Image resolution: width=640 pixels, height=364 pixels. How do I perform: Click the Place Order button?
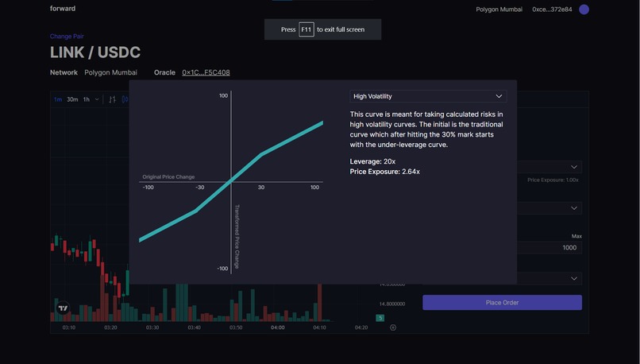pos(502,303)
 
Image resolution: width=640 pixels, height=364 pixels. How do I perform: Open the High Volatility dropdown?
pos(428,96)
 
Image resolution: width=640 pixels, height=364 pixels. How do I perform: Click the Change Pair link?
pos(67,37)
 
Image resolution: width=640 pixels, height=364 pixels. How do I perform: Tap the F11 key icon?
pos(307,29)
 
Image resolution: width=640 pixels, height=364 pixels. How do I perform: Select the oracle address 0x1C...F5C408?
pos(206,72)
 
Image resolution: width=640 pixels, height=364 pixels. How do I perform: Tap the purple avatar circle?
pos(584,10)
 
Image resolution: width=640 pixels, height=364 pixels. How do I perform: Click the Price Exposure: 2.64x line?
pos(384,172)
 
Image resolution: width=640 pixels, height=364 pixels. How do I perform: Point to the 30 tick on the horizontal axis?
pos(261,188)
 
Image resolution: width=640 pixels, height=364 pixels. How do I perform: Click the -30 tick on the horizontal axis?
pos(199,188)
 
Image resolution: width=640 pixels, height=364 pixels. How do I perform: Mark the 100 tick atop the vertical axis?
pos(223,96)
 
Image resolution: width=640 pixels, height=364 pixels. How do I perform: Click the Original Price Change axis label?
pos(168,176)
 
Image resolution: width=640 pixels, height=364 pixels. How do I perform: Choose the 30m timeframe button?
pos(72,99)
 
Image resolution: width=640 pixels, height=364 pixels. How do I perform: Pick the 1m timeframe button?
pos(58,99)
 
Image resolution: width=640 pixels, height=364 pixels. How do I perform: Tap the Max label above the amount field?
pos(576,236)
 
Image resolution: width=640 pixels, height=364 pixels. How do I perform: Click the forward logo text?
pos(62,8)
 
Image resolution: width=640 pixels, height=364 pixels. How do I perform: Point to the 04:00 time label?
pos(278,327)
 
